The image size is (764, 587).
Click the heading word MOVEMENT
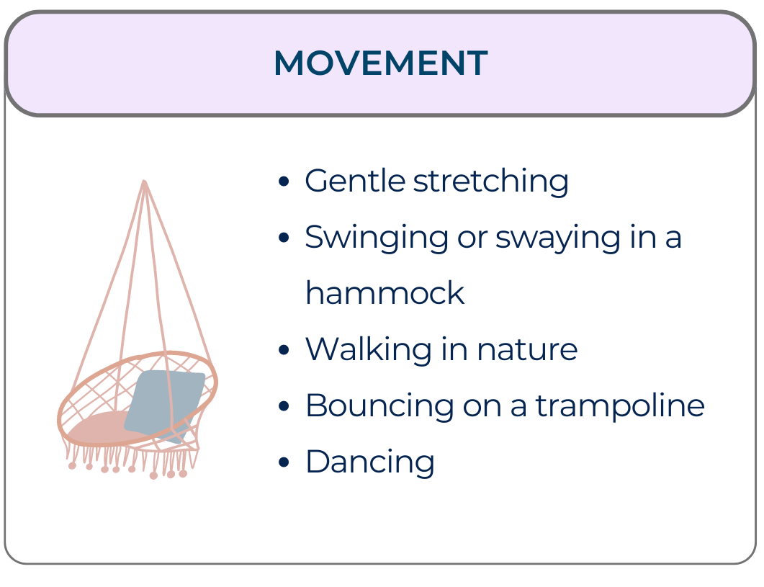point(380,63)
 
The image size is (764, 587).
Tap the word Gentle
point(354,181)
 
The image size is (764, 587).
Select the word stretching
point(491,181)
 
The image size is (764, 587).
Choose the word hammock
point(385,293)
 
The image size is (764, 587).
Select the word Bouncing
point(379,405)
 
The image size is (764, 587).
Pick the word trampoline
point(619,406)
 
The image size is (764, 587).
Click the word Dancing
point(369,462)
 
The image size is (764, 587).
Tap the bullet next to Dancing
point(284,462)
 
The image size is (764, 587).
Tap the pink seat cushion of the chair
point(97,428)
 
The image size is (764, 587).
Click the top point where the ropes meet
point(145,182)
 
